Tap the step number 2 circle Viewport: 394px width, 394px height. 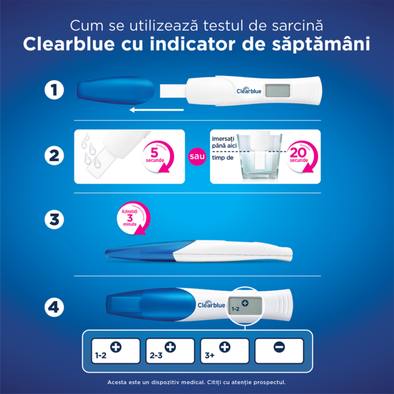pyautogui.click(x=54, y=156)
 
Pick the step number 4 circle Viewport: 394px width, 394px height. pyautogui.click(x=54, y=307)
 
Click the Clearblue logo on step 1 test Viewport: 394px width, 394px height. pyautogui.click(x=249, y=90)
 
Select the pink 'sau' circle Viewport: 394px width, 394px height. pyautogui.click(x=197, y=157)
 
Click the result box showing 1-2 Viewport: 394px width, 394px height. pyautogui.click(x=116, y=351)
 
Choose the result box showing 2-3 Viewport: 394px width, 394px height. pyautogui.click(x=170, y=351)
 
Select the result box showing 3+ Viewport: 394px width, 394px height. pyautogui.click(x=224, y=351)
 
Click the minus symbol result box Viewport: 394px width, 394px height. pyautogui.click(x=279, y=351)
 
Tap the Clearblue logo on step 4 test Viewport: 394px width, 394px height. pyautogui.click(x=211, y=305)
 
